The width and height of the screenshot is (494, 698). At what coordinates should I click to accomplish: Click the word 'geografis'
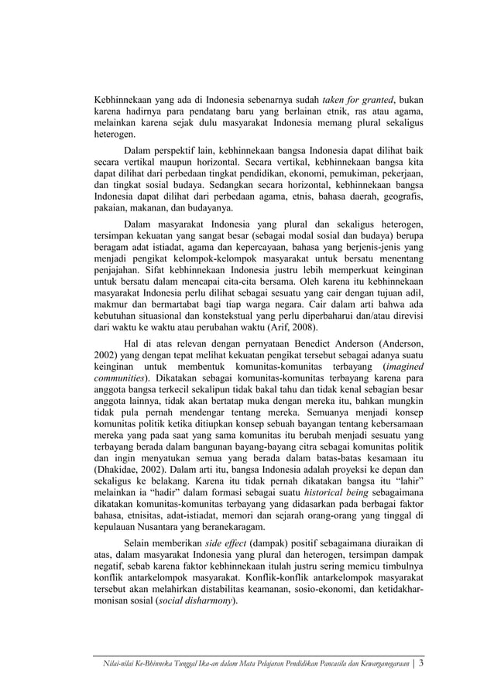tap(401, 200)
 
